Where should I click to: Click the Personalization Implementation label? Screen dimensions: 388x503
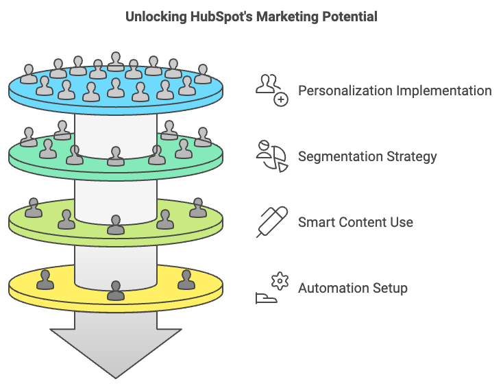394,91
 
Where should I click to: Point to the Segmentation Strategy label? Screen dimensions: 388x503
367,156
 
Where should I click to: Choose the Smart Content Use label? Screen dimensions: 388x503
355,222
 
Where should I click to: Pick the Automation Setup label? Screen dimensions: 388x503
352,288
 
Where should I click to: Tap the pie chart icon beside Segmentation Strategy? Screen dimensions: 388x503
271,156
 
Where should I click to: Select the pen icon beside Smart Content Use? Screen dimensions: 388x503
272,221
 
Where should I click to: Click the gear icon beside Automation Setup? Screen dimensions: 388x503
278,281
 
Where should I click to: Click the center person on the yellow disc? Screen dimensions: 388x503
116,291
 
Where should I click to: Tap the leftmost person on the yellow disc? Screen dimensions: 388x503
45,280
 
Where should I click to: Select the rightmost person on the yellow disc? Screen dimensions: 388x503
186,280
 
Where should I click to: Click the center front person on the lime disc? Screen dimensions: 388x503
116,224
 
